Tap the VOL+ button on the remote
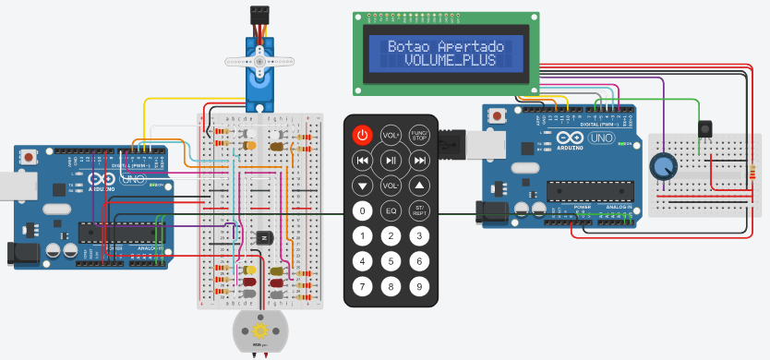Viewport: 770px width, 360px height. [391, 136]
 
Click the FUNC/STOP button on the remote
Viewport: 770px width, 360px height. [419, 136]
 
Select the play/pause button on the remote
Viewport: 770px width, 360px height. [391, 161]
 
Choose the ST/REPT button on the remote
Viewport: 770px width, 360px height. [419, 211]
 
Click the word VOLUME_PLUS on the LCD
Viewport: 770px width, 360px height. [449, 60]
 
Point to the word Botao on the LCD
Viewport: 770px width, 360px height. [409, 46]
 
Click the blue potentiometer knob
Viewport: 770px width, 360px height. [662, 166]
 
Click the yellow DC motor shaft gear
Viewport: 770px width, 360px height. [259, 330]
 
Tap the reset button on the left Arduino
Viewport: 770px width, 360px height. [30, 158]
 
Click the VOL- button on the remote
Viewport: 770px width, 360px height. [391, 186]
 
